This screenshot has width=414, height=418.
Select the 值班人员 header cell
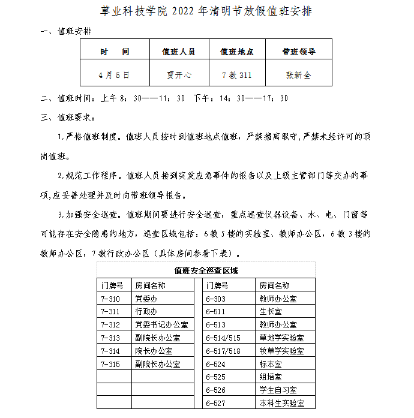pos(179,52)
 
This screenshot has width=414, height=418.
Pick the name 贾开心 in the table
pos(179,75)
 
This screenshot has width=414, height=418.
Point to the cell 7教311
pos(236,75)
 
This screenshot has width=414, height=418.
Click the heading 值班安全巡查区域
pos(206,270)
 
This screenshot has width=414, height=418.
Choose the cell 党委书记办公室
pos(161,325)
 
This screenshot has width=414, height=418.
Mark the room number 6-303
pos(215,299)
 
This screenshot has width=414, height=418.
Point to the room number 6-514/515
pos(223,338)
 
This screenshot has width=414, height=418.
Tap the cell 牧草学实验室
pos(281,351)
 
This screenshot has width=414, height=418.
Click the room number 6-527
pos(215,404)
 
